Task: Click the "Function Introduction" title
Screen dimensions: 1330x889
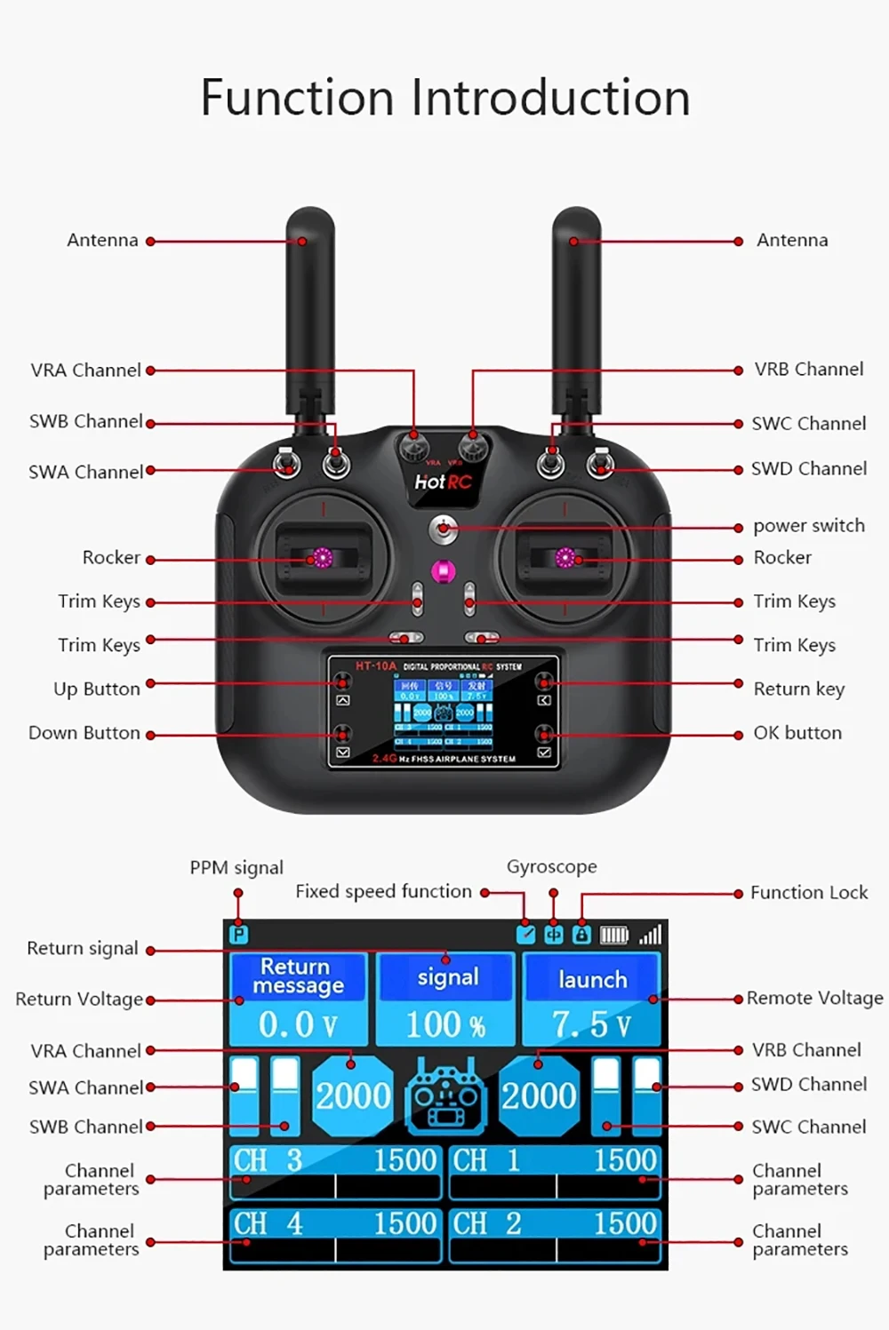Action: pyautogui.click(x=444, y=98)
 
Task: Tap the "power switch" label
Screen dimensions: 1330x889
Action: pyautogui.click(x=808, y=526)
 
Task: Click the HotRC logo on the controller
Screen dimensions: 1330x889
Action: pyautogui.click(x=443, y=482)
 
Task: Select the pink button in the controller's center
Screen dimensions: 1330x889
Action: pyautogui.click(x=443, y=571)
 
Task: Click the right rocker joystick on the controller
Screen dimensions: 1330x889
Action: pyautogui.click(x=565, y=558)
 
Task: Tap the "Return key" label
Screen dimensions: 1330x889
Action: pyautogui.click(x=798, y=689)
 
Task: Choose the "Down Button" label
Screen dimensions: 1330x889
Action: pyautogui.click(x=84, y=733)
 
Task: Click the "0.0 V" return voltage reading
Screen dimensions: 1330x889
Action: pyautogui.click(x=298, y=1025)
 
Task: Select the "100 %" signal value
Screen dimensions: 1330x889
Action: pyautogui.click(x=445, y=1025)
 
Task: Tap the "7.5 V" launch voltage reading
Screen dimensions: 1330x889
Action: pyautogui.click(x=591, y=1025)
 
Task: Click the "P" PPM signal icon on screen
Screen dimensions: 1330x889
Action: pyautogui.click(x=238, y=935)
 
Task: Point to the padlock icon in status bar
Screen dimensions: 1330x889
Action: pyautogui.click(x=581, y=935)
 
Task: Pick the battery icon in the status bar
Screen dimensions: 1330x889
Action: pyautogui.click(x=613, y=935)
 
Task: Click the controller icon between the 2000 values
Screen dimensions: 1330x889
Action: pyautogui.click(x=445, y=1095)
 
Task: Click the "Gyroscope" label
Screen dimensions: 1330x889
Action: pyautogui.click(x=551, y=866)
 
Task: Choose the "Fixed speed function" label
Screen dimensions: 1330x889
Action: pyautogui.click(x=383, y=891)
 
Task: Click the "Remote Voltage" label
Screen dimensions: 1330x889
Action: pyautogui.click(x=814, y=998)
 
